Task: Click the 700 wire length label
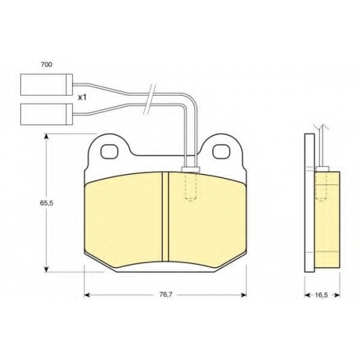(47, 64)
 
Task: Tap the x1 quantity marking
(82, 97)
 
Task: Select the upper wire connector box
(46, 84)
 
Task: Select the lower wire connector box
(46, 114)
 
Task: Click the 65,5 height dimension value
(46, 203)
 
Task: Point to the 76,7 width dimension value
(166, 294)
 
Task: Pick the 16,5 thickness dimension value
(321, 295)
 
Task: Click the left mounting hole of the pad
(109, 152)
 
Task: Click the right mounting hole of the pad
(222, 151)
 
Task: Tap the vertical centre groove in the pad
(166, 217)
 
